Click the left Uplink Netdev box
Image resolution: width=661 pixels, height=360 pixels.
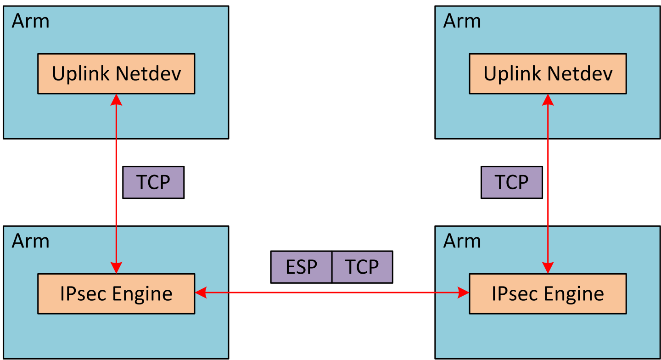[x=116, y=73]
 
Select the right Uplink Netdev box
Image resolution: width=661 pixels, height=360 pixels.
[x=548, y=73]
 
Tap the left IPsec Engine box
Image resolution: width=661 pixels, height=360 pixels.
[x=116, y=293]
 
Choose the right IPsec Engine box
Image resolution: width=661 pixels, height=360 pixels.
[x=548, y=293]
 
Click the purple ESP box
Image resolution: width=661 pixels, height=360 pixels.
[x=301, y=267]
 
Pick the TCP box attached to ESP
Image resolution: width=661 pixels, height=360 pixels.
[x=362, y=267]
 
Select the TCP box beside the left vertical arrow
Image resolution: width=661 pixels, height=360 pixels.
[x=153, y=182]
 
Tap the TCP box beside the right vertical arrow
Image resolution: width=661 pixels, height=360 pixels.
[x=511, y=182]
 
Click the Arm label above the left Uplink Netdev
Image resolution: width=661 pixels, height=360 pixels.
[x=30, y=21]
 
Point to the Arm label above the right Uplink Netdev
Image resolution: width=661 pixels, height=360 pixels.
[x=462, y=21]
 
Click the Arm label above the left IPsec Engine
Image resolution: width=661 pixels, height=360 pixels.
[x=30, y=241]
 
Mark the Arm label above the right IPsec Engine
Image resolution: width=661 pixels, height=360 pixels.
[x=462, y=241]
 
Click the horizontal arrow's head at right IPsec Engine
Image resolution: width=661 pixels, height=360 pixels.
[x=463, y=292]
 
